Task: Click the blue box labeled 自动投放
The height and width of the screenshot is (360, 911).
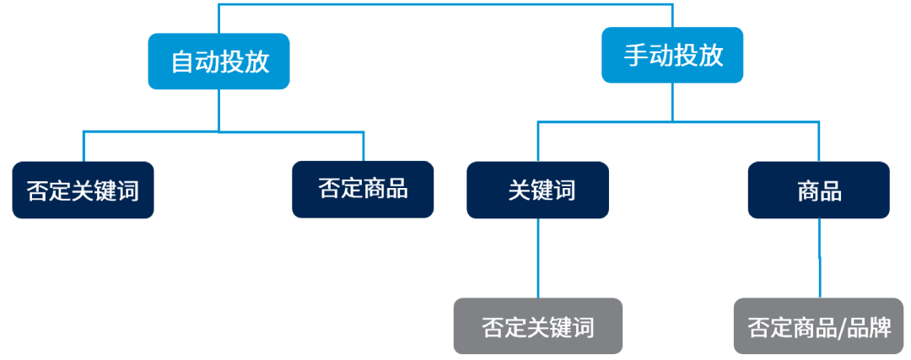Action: (x=218, y=61)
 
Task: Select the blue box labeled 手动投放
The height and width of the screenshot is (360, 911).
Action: (x=672, y=56)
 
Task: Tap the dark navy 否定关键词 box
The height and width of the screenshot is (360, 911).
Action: (x=83, y=190)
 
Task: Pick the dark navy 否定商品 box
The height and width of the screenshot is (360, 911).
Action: (x=363, y=190)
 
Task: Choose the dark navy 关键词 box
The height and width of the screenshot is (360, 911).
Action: (x=537, y=190)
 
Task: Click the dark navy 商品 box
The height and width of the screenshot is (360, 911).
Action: (x=818, y=190)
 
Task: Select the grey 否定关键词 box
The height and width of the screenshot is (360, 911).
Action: (x=537, y=325)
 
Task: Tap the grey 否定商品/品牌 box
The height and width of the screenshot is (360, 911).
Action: (x=818, y=325)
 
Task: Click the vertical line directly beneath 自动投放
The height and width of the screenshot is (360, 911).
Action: (x=218, y=110)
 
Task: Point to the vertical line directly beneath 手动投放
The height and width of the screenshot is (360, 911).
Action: (x=672, y=101)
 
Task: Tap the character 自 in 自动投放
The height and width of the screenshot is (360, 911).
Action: (x=181, y=62)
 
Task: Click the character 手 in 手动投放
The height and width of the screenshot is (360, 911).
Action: (x=634, y=56)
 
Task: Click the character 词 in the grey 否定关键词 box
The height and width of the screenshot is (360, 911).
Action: (x=581, y=326)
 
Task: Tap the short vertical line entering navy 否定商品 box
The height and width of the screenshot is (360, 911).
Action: (x=363, y=147)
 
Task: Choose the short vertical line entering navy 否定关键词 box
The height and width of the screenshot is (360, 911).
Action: (x=83, y=147)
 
